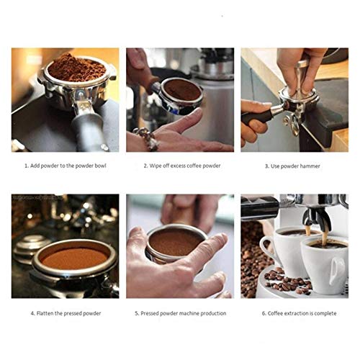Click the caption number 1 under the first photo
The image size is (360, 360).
[x=26, y=165]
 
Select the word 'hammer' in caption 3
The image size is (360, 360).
[x=310, y=165]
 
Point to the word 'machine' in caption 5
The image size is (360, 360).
[x=187, y=313]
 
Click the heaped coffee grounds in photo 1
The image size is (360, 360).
[x=76, y=69]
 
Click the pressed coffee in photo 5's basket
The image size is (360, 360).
[x=175, y=243]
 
